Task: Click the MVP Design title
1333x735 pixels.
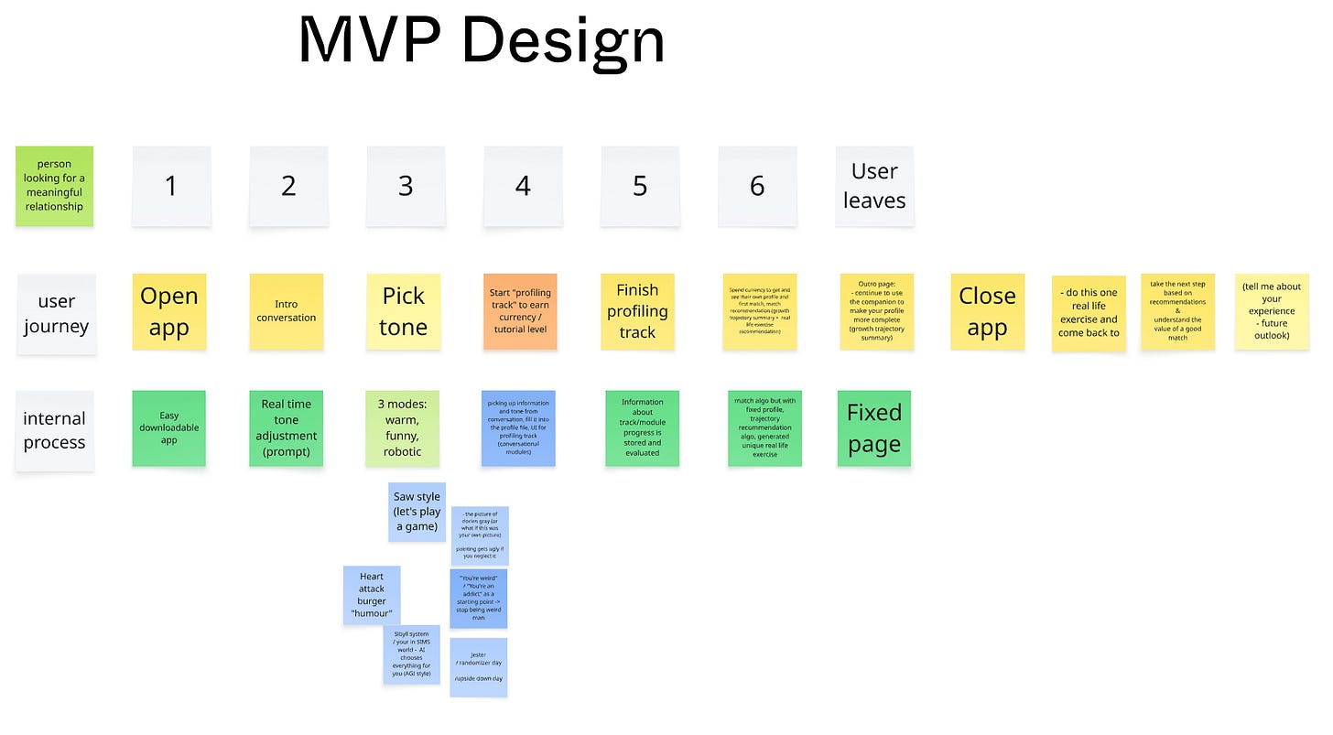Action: pos(482,40)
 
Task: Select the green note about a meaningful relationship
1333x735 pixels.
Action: pos(54,186)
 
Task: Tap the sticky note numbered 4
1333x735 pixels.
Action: pos(523,186)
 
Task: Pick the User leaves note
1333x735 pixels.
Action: pos(874,186)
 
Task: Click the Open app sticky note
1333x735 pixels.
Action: pos(169,311)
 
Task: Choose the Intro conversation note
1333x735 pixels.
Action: pos(287,311)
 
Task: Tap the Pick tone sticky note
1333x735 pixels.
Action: pos(404,311)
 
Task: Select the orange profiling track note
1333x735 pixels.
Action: pos(520,311)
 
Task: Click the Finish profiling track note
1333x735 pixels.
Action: pos(637,311)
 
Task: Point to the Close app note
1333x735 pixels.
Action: pos(987,311)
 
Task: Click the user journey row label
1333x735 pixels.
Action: pos(56,314)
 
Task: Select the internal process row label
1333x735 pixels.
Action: pos(54,430)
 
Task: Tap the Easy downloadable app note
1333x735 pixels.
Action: pos(169,428)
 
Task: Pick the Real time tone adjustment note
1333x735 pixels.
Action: pos(287,428)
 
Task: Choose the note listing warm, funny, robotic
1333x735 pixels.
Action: pos(403,428)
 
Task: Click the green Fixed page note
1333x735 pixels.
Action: pos(874,428)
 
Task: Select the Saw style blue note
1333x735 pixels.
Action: pos(417,512)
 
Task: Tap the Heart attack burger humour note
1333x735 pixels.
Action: pos(372,595)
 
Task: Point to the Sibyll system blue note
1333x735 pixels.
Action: pos(411,654)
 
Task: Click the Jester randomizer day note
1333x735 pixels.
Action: pos(478,667)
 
